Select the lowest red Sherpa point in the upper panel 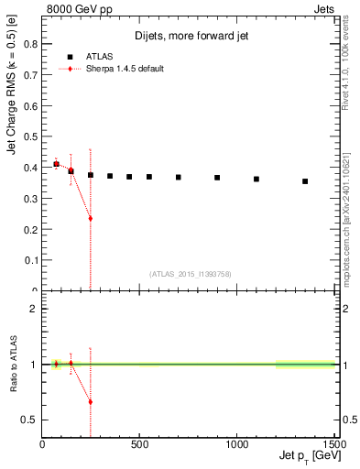click(91, 218)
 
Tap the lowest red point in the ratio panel click(91, 401)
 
